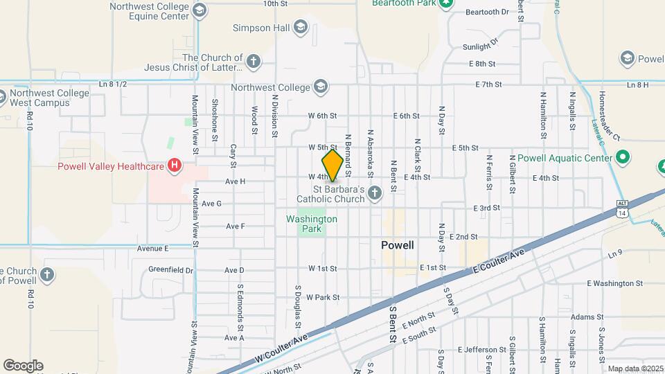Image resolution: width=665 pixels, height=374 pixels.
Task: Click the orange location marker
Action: pos(332,165)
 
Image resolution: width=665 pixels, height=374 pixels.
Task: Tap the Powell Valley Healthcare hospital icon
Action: pos(175,166)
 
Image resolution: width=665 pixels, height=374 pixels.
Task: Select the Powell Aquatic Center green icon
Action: pos(623,158)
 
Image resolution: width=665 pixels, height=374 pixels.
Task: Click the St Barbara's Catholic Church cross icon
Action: pos(375,193)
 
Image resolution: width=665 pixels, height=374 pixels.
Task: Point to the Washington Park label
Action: pos(312,219)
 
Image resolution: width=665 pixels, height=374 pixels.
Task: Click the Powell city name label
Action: pos(398,245)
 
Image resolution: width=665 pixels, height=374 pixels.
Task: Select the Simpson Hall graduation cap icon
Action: pos(300,28)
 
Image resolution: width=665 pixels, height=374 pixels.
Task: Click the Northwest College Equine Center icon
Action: pos(199,10)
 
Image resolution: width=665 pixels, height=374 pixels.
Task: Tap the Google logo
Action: pos(23,366)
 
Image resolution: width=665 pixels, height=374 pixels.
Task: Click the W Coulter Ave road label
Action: pos(282,348)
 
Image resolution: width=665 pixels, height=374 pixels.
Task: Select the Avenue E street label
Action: pos(153,248)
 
